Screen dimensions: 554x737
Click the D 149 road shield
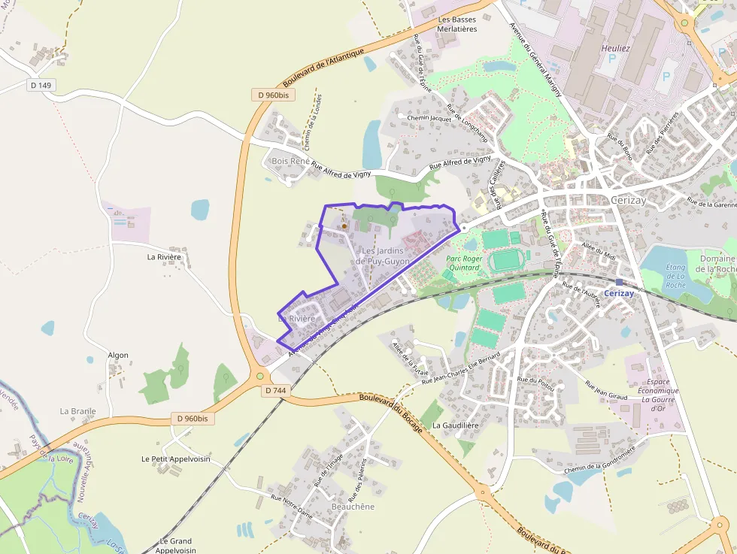pos(41,85)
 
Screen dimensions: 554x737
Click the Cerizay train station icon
pos(619,283)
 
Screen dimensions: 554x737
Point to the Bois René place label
pos(290,162)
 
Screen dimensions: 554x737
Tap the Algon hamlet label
pos(118,355)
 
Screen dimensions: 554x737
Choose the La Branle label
pos(77,411)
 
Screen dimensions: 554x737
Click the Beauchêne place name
pos(352,507)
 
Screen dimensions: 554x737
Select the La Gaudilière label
pos(455,425)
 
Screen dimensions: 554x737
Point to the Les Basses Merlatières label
pos(457,24)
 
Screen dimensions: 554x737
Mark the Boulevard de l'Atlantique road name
pos(323,67)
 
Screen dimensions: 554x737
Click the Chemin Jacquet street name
pos(429,118)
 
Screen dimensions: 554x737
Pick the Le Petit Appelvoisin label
pos(175,459)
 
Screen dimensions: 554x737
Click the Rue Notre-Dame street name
pos(291,508)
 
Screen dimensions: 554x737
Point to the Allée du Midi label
pos(599,251)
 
